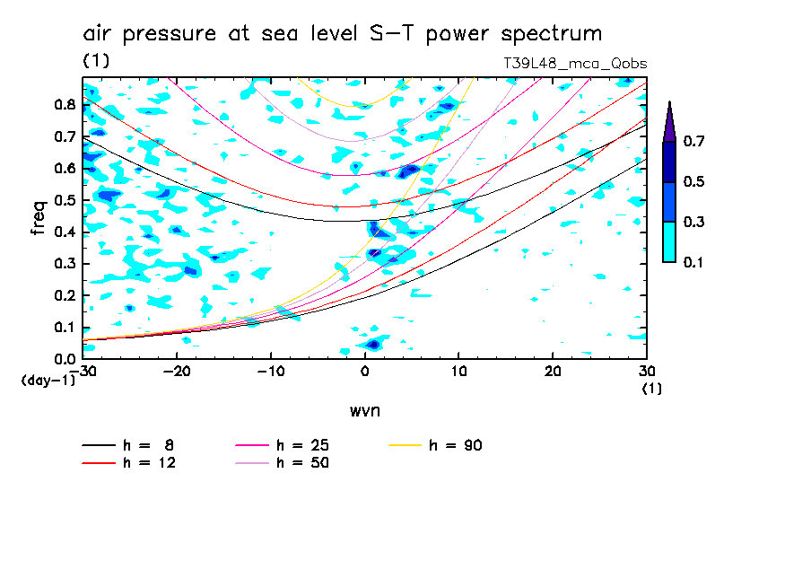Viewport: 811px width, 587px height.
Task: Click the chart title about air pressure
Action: pos(342,34)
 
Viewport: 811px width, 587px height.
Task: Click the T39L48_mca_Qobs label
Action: pos(576,63)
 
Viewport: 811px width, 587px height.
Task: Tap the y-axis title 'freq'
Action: pos(39,218)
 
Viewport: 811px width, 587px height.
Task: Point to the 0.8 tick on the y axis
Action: pos(65,104)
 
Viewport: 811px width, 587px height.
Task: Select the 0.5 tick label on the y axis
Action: pos(65,200)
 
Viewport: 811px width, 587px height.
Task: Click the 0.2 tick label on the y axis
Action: pos(65,295)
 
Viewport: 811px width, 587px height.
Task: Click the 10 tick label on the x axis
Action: pos(458,372)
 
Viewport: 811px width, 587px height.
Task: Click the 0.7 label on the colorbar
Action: pos(692,141)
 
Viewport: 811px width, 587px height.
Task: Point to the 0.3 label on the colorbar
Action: pos(692,222)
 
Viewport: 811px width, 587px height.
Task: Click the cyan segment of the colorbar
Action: pos(668,241)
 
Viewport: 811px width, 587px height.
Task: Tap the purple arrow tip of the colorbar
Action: pos(668,120)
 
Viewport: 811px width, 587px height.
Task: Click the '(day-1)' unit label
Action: pos(42,381)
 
